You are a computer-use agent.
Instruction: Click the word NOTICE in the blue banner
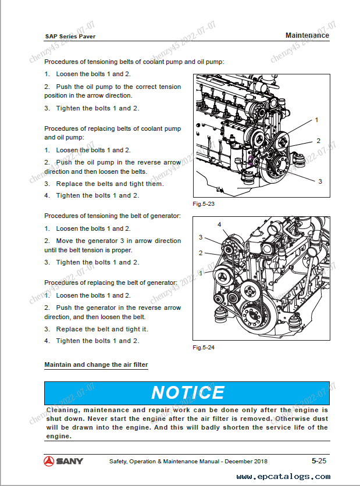(188, 392)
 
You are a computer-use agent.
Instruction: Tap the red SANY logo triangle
(49, 461)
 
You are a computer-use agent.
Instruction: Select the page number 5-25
(319, 461)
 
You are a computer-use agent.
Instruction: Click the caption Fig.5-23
(204, 204)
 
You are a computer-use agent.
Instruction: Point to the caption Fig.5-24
(204, 348)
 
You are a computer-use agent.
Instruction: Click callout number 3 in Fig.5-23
(320, 181)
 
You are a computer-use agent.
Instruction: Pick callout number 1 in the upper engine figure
(316, 120)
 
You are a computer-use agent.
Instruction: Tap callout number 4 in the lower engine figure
(219, 224)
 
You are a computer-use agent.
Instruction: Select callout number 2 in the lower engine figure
(201, 253)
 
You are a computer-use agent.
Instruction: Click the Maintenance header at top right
(307, 35)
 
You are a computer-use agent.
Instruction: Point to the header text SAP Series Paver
(70, 36)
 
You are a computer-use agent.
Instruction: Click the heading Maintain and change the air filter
(96, 364)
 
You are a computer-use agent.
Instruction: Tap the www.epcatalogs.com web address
(283, 476)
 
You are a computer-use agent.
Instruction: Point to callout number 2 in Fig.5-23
(318, 141)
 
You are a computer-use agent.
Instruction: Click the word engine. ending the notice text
(59, 436)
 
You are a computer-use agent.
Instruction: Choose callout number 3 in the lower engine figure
(201, 237)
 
